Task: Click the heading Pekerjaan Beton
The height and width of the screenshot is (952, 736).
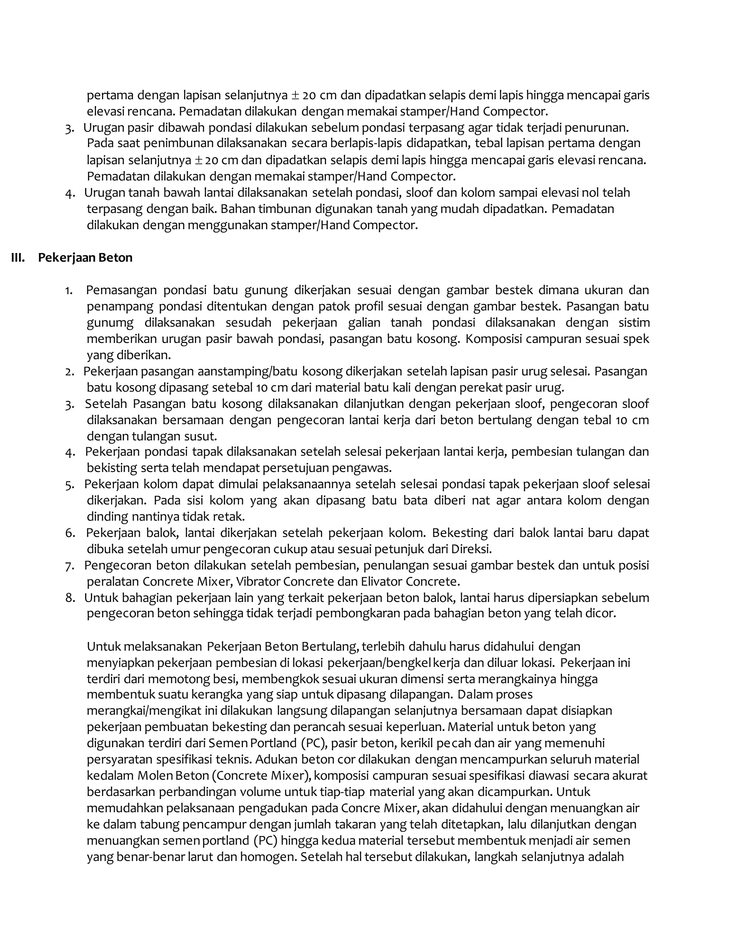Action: (85, 258)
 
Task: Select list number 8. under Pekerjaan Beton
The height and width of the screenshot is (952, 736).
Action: (70, 598)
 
